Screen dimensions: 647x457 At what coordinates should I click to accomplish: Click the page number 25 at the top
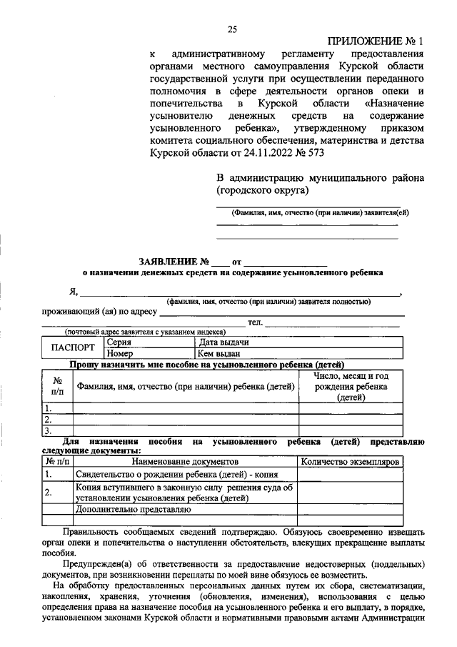[x=231, y=29]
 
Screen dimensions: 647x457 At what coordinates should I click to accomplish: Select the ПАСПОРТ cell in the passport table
[x=73, y=347]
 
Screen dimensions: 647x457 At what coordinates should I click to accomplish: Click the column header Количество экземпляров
[x=351, y=462]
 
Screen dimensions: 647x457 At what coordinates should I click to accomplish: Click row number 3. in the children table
[x=48, y=431]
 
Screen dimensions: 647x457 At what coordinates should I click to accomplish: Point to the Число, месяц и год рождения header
[x=351, y=387]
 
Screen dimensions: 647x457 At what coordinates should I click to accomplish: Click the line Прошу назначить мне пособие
[x=207, y=364]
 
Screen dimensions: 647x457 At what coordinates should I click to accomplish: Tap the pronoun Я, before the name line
[x=73, y=292]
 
